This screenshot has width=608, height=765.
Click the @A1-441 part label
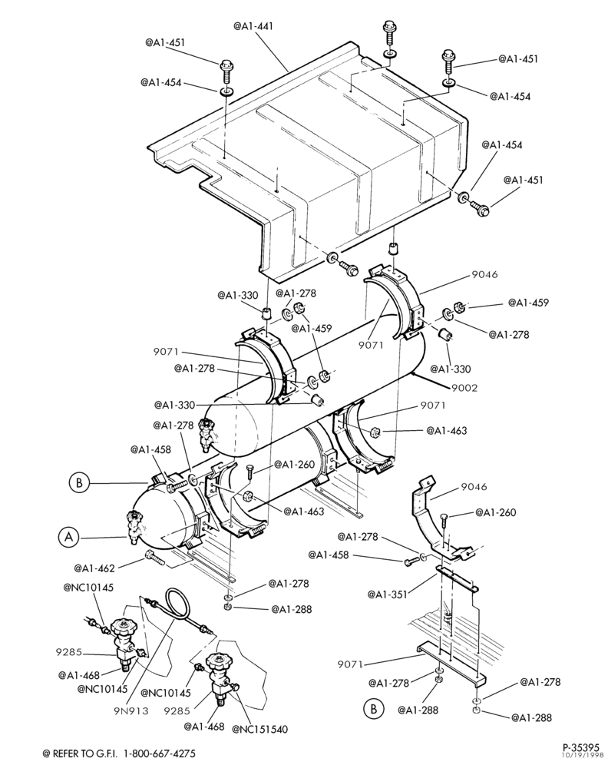253,25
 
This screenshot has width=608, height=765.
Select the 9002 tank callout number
464,388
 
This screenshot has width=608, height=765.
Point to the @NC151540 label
259,729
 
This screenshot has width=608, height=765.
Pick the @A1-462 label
94,568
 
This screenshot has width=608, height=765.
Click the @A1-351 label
387,594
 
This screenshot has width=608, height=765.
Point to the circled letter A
69,537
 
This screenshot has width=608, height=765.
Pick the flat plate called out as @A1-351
458,579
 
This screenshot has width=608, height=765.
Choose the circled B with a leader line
78,483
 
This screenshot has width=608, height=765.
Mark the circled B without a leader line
374,708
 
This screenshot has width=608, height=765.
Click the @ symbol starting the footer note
46,753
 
